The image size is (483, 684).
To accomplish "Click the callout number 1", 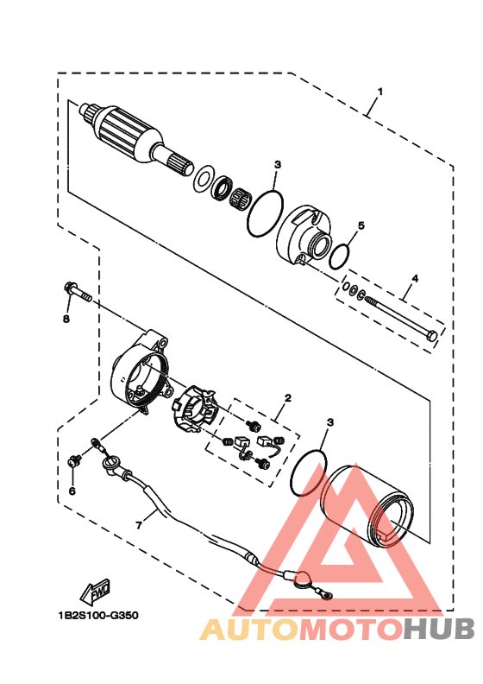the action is coord(379,92).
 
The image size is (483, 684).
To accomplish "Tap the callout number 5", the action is coord(361,225).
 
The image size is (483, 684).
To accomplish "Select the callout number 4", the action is coord(415,278).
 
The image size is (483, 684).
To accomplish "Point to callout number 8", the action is coord(66,320).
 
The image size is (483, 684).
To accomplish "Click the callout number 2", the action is coord(287,398).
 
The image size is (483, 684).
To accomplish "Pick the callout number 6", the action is coord(72,491).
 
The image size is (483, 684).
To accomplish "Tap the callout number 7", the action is coord(139,526).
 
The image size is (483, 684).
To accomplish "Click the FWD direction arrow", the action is coord(95,592).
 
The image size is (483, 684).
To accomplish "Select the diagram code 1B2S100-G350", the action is coord(98,616).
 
